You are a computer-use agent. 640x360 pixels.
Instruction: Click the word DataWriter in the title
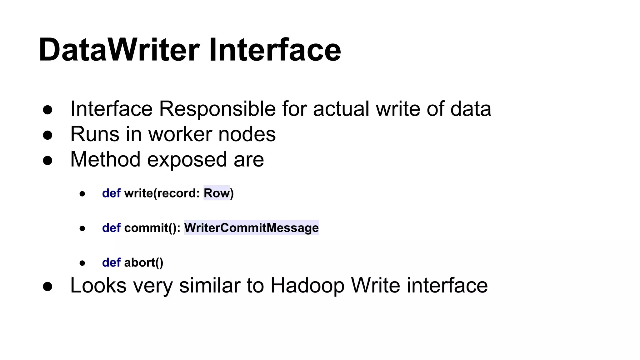pyautogui.click(x=119, y=50)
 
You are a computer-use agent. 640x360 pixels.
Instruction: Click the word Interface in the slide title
pyautogui.click(x=275, y=50)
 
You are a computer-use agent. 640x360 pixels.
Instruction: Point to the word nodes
pyautogui.click(x=247, y=134)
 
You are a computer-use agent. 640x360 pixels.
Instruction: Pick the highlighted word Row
pyautogui.click(x=217, y=193)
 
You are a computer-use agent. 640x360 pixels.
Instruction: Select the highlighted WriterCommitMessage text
pyautogui.click(x=251, y=228)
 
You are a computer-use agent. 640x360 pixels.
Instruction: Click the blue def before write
pyautogui.click(x=111, y=193)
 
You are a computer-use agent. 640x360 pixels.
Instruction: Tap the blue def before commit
pyautogui.click(x=111, y=228)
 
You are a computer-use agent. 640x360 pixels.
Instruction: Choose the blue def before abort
pyautogui.click(x=111, y=262)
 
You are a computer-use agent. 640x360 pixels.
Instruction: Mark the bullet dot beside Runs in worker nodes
pyautogui.click(x=47, y=135)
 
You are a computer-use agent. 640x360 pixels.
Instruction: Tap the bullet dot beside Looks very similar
pyautogui.click(x=47, y=286)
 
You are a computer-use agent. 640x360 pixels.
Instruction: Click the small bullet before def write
pyautogui.click(x=82, y=194)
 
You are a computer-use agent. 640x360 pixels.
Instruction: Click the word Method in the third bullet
pyautogui.click(x=105, y=160)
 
